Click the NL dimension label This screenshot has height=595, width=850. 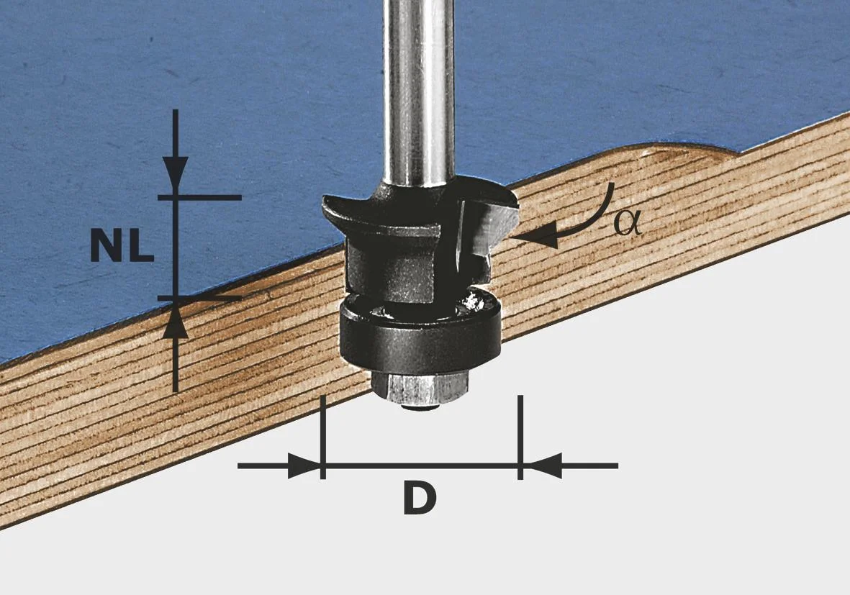click(122, 245)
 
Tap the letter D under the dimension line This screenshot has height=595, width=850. click(420, 499)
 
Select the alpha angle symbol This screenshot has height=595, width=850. click(628, 222)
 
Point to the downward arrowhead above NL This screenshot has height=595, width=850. click(175, 173)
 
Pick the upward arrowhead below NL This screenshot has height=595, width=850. click(175, 322)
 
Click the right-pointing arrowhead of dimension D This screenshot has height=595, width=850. click(304, 465)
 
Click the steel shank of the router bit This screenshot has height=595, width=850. click(418, 92)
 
